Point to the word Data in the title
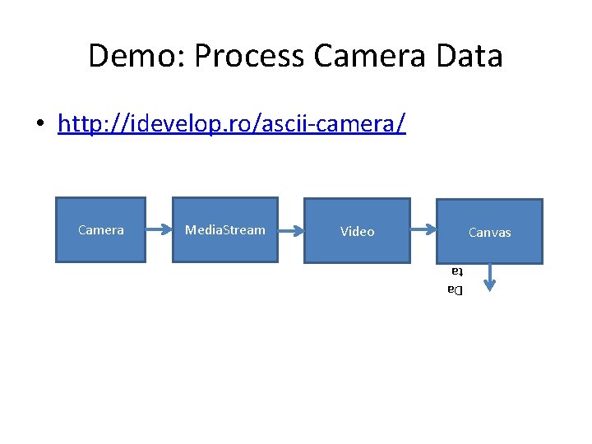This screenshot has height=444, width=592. point(469,56)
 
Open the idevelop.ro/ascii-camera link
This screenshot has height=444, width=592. point(231,123)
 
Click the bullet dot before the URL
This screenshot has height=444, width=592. point(39,125)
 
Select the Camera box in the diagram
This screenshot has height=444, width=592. point(100,229)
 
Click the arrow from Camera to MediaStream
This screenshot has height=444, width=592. point(159,230)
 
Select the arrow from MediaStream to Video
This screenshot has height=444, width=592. point(291,230)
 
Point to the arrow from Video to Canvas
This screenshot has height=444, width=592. point(423,231)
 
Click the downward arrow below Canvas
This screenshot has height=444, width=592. point(489,277)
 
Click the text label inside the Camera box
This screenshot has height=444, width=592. point(100,230)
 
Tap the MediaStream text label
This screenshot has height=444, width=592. point(224,230)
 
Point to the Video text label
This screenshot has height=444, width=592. point(357,232)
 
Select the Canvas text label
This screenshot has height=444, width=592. point(489,233)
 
